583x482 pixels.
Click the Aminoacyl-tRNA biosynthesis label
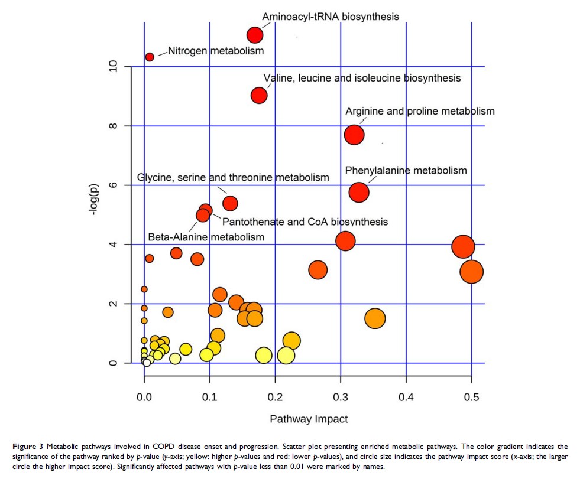330,17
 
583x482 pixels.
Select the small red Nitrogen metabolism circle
150,57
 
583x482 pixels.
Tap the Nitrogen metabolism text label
216,51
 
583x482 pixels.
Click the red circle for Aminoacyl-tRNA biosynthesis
255,35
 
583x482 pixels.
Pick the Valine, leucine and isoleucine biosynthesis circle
259,95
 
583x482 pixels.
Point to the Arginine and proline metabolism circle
354,135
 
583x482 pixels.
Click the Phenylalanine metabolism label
406,171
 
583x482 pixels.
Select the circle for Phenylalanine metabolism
359,192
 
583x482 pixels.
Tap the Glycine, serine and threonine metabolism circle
230,203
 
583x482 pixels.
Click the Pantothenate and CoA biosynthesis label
305,222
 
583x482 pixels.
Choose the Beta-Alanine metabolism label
206,237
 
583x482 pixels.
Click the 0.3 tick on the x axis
340,397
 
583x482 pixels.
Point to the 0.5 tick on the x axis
471,397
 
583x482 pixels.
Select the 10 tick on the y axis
112,66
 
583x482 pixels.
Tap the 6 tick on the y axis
112,185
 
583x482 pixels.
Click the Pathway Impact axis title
309,419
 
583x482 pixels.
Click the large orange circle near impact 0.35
375,318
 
